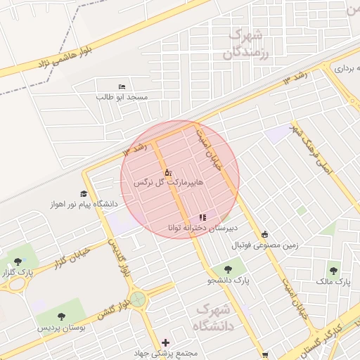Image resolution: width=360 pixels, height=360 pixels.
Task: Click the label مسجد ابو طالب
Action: coord(122,96)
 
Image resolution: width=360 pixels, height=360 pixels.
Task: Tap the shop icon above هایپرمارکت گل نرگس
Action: coord(167,172)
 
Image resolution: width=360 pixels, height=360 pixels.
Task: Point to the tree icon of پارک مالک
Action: coord(333,269)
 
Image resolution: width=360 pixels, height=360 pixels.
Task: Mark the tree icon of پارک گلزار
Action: coord(18,262)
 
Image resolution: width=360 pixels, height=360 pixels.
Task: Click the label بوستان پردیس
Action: coord(61,328)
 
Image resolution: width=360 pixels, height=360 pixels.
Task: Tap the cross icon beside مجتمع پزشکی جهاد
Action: coord(165,342)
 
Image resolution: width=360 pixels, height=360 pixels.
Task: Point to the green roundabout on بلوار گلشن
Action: coord(139,300)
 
